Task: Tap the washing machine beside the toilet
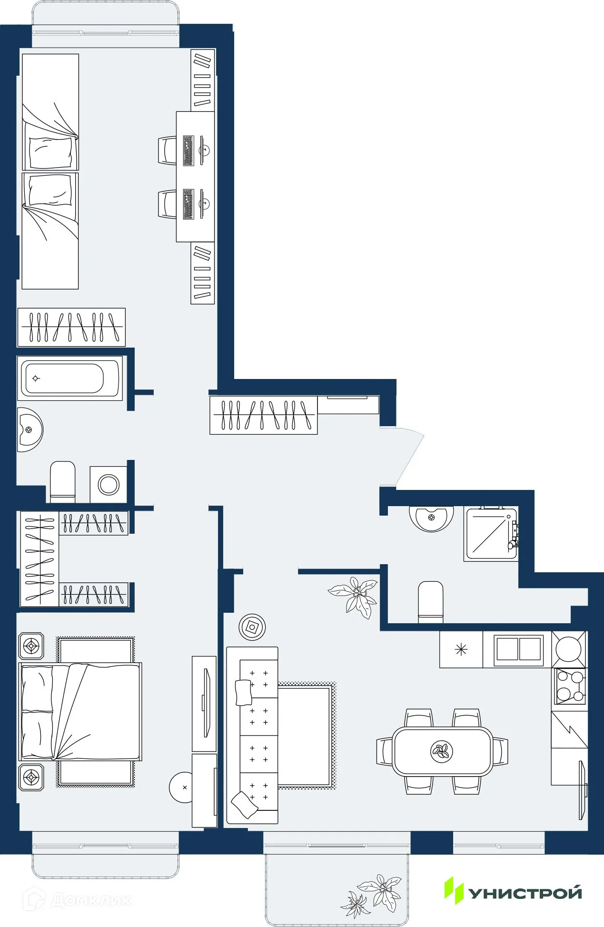(x=109, y=484)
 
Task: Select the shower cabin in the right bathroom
(x=490, y=534)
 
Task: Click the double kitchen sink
(x=518, y=649)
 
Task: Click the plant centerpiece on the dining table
(x=442, y=751)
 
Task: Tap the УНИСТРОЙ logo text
(x=525, y=893)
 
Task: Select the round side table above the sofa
(x=252, y=628)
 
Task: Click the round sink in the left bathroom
(x=30, y=429)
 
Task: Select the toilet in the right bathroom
(x=430, y=601)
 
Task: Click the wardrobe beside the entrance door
(x=263, y=415)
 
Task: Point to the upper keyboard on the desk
(x=188, y=150)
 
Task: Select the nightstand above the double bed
(x=31, y=646)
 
